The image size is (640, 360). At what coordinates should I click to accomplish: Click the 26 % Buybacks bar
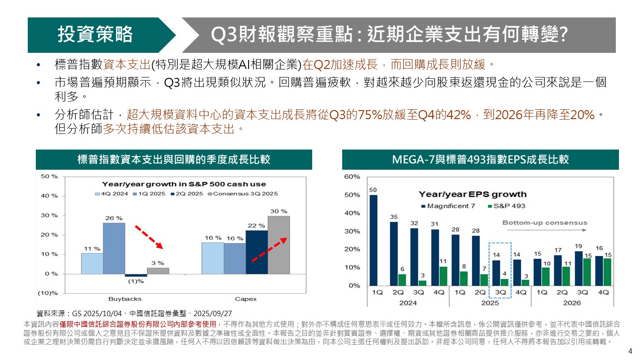click(x=114, y=248)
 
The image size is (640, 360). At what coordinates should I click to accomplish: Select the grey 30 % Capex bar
click(x=279, y=245)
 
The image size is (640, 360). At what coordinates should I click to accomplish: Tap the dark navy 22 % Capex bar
click(x=257, y=252)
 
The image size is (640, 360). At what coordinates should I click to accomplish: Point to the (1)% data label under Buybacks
click(x=136, y=281)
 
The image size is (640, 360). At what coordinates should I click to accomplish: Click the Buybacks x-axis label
click(x=125, y=299)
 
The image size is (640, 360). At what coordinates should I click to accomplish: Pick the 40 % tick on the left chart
click(x=49, y=196)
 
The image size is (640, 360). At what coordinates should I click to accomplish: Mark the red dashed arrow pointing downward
click(x=149, y=237)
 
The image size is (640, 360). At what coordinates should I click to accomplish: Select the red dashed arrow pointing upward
click(x=267, y=250)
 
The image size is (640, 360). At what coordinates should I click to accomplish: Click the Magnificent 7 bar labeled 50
click(x=373, y=240)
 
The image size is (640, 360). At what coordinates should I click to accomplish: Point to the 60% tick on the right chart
click(x=352, y=177)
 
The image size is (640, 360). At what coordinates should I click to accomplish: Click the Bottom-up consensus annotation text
click(x=544, y=223)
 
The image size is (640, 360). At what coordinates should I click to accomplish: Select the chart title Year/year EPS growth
click(x=472, y=194)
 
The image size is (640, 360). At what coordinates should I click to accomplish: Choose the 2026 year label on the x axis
click(x=571, y=303)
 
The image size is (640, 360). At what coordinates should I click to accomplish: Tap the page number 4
click(x=630, y=351)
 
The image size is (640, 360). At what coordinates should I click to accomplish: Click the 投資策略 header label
click(x=95, y=35)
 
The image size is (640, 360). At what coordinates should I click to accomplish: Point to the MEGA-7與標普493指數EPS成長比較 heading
click(x=480, y=159)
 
